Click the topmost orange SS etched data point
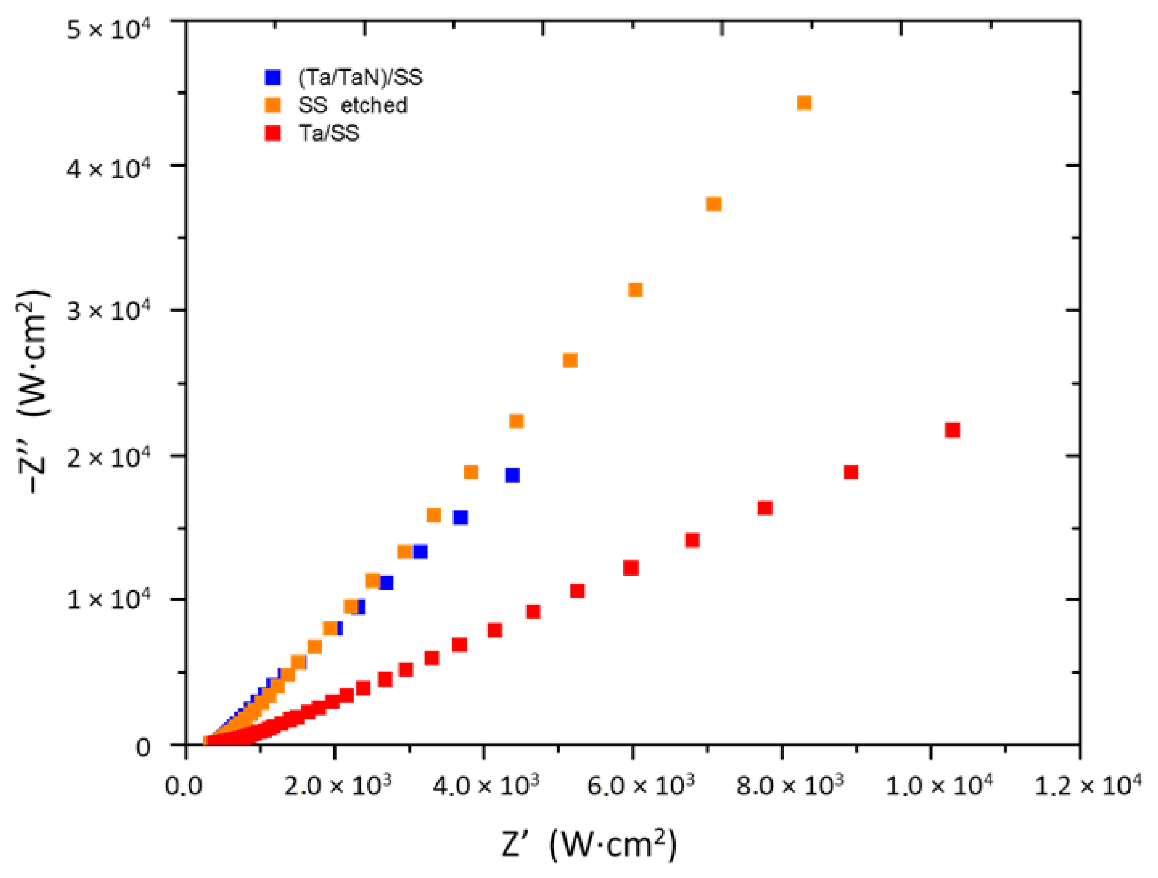click(x=804, y=103)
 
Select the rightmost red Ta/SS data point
click(x=952, y=430)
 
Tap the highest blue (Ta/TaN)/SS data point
click(x=512, y=475)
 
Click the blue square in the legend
click(x=273, y=77)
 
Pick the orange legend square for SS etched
click(x=273, y=106)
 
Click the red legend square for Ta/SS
click(x=273, y=134)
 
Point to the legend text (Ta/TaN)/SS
click(x=360, y=77)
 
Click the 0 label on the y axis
click(x=143, y=747)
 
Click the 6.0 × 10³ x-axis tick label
click(x=640, y=785)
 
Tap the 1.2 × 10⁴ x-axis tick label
click(x=1088, y=785)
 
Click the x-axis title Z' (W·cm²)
click(x=589, y=845)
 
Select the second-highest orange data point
click(x=714, y=204)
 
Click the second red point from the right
click(x=851, y=472)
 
